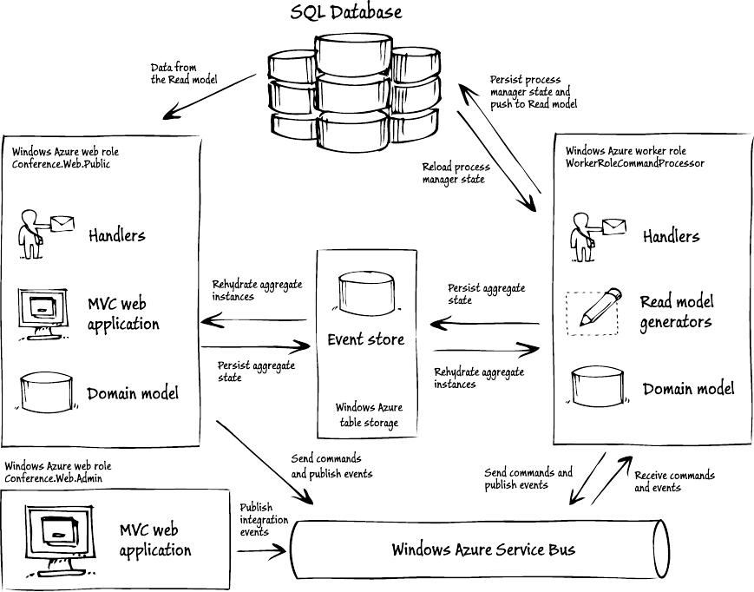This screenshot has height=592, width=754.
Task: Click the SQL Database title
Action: tap(346, 12)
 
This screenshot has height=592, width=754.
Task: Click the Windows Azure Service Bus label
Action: tap(482, 549)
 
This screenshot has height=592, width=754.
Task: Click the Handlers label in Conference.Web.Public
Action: tap(116, 234)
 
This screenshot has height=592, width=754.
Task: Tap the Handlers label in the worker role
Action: tap(671, 236)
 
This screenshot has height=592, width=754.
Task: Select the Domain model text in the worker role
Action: tap(688, 388)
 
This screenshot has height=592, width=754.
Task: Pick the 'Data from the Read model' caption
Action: tap(183, 74)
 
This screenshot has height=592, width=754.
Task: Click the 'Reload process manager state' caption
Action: tap(456, 173)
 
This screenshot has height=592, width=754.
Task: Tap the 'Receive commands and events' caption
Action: tap(674, 481)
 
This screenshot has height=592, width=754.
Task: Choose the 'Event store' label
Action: tap(365, 339)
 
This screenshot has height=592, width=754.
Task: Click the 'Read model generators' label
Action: tap(676, 312)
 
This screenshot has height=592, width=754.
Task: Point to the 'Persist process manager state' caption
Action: tap(529, 91)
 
